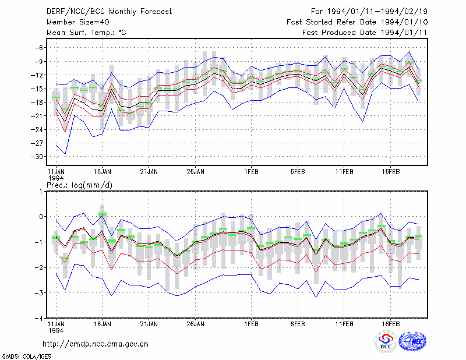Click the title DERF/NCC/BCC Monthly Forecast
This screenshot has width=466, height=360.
tap(109, 12)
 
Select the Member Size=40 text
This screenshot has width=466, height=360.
tap(78, 22)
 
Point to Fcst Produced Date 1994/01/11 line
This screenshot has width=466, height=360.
tap(365, 33)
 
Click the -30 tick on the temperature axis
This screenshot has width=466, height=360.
tap(37, 157)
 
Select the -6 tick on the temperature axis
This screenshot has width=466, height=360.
tap(39, 48)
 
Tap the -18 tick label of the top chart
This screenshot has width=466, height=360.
tap(37, 103)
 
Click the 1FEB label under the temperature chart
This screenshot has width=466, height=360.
tap(251, 172)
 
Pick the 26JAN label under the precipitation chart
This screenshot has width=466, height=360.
tap(196, 324)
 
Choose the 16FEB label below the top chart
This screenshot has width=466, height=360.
tap(391, 172)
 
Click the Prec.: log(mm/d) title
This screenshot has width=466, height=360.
tap(80, 185)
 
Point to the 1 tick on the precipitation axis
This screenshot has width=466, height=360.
tap(41, 192)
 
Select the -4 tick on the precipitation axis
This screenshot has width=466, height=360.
tap(39, 319)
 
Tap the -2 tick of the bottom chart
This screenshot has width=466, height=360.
tap(39, 267)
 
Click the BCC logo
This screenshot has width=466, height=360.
tap(386, 342)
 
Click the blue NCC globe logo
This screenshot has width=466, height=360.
tap(412, 341)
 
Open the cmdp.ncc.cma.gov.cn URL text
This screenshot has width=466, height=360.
tap(96, 344)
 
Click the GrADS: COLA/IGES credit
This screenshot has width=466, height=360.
tap(27, 357)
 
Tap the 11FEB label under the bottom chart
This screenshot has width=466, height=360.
tap(344, 324)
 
